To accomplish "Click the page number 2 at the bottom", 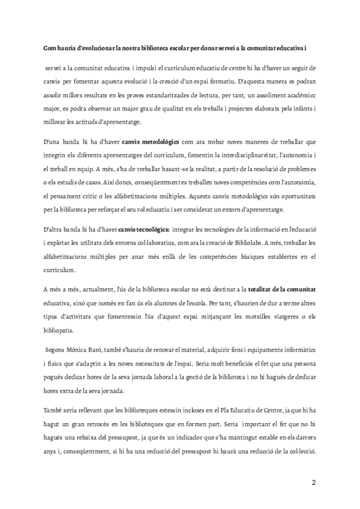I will click(313, 482).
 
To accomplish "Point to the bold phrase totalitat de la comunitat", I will click(281, 288).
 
